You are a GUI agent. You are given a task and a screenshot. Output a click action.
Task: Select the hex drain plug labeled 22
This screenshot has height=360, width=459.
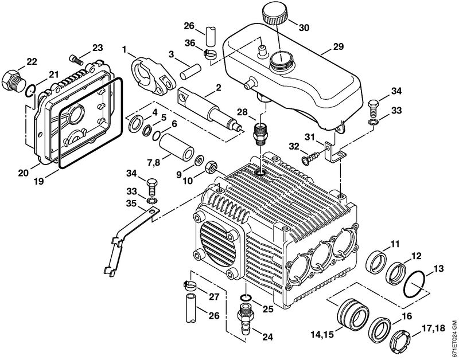tap(12, 80)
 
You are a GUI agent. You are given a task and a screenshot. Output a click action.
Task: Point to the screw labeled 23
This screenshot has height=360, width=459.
tap(76, 58)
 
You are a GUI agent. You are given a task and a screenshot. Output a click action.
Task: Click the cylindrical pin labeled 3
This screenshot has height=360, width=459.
tap(190, 72)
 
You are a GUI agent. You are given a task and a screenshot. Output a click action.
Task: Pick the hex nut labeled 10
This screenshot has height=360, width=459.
tap(211, 167)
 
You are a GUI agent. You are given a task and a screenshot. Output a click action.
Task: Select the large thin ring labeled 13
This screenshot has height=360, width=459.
tap(414, 284)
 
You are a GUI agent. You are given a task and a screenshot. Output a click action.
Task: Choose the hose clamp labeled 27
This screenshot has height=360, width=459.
tap(189, 284)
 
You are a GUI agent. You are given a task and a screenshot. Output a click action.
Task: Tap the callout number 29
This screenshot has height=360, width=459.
tap(338, 46)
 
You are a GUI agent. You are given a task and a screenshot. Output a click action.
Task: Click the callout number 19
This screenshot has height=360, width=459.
tap(39, 181)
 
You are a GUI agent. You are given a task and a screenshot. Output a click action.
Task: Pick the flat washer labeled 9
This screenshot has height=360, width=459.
tap(200, 160)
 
